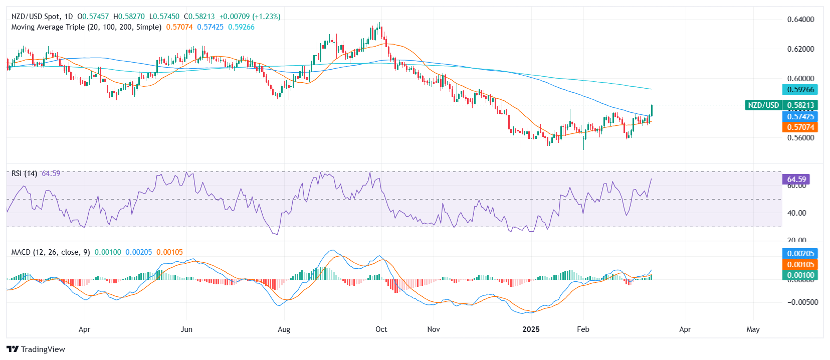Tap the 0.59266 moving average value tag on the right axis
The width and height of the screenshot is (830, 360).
(x=800, y=90)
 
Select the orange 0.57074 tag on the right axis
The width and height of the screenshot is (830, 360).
(x=800, y=127)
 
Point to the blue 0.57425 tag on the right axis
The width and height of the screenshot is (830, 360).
(x=800, y=117)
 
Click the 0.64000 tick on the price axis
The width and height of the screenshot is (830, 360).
(x=800, y=20)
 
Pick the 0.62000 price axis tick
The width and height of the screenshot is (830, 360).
(x=800, y=49)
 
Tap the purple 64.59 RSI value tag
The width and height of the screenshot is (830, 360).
(x=796, y=179)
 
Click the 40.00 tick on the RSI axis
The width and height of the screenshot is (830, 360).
(x=796, y=213)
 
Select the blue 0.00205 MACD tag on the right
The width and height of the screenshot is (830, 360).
(x=800, y=254)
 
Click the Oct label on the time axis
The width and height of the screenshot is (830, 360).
(x=381, y=329)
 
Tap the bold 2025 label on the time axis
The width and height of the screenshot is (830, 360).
(x=531, y=329)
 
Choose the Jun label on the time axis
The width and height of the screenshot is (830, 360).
(x=186, y=329)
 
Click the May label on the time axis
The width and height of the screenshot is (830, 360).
(x=753, y=329)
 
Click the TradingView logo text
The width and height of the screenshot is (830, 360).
(x=43, y=349)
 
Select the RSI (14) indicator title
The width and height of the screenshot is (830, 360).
(x=24, y=173)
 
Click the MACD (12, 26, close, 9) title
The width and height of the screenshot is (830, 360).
(x=51, y=252)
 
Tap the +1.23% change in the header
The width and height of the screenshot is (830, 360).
(x=268, y=17)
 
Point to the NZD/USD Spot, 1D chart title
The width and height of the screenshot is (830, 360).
(x=42, y=17)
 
